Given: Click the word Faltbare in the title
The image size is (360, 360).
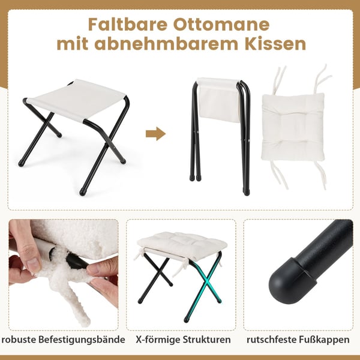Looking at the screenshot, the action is [128, 25].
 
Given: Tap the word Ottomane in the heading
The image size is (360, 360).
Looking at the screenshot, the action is [221, 25].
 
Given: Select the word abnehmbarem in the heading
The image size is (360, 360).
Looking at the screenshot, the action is [166, 44].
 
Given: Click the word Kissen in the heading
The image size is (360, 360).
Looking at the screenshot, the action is [275, 44].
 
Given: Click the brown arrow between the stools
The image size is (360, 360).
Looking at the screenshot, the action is [155, 134].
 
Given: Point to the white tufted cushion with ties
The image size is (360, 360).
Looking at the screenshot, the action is [293, 127].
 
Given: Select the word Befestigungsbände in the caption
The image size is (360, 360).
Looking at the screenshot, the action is [82, 340].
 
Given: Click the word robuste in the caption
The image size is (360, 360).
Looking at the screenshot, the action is [19, 340].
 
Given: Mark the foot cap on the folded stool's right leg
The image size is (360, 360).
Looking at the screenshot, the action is [246, 192].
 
